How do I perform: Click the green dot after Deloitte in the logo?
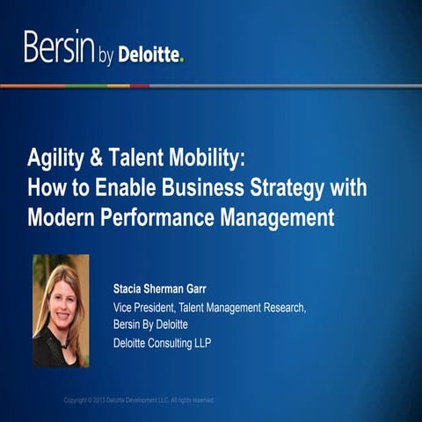[x=182, y=61]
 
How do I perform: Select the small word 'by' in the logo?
[x=107, y=55]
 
